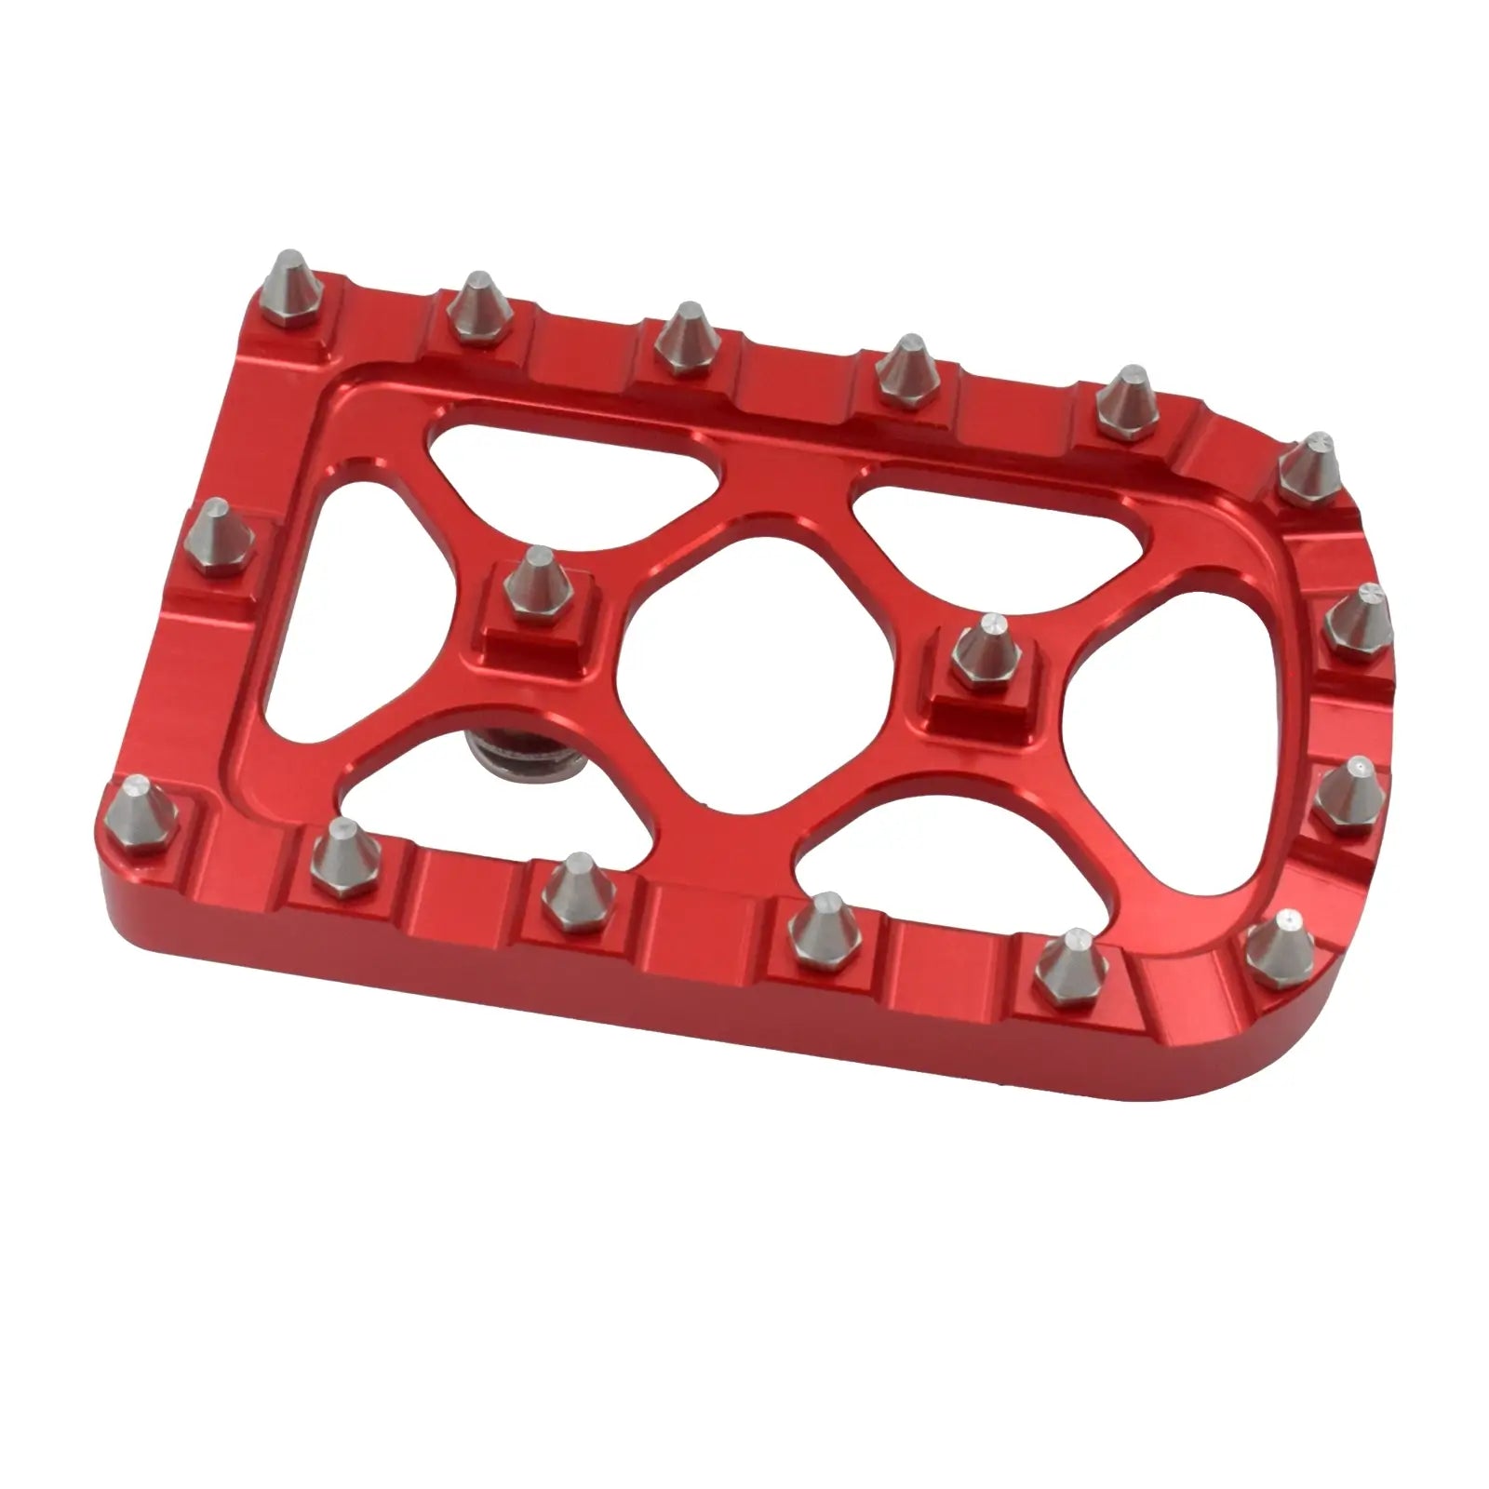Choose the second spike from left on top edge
(x=478, y=307)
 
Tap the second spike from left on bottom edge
(x=341, y=856)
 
